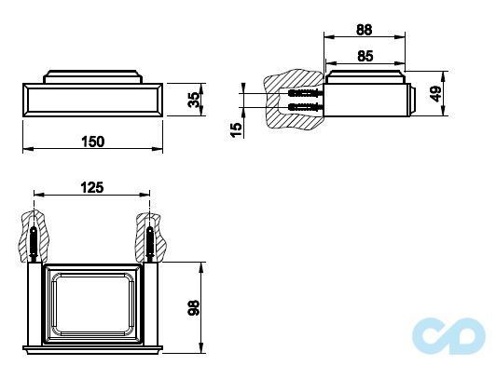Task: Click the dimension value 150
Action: click(93, 142)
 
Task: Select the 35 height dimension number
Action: click(194, 100)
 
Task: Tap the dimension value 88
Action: click(365, 30)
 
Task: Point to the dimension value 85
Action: click(365, 56)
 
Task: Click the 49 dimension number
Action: click(436, 94)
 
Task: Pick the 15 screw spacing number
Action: click(236, 129)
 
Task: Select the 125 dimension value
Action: click(92, 187)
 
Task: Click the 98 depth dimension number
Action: click(194, 307)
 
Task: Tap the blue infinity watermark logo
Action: click(448, 336)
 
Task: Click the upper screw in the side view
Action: click(306, 93)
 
